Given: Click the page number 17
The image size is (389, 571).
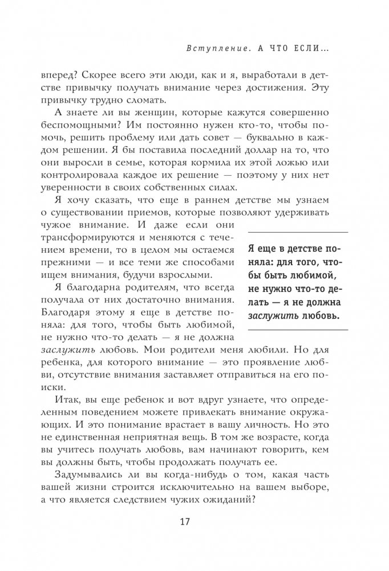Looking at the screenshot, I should point(194,524).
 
